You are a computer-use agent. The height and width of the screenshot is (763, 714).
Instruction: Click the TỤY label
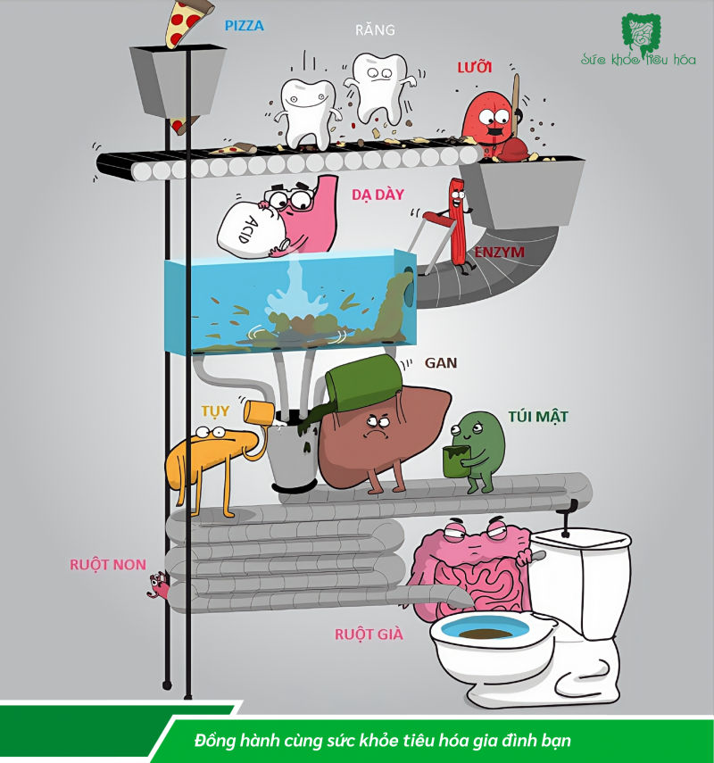pos(215,411)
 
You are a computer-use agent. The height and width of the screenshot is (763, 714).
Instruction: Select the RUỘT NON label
pos(108,564)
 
